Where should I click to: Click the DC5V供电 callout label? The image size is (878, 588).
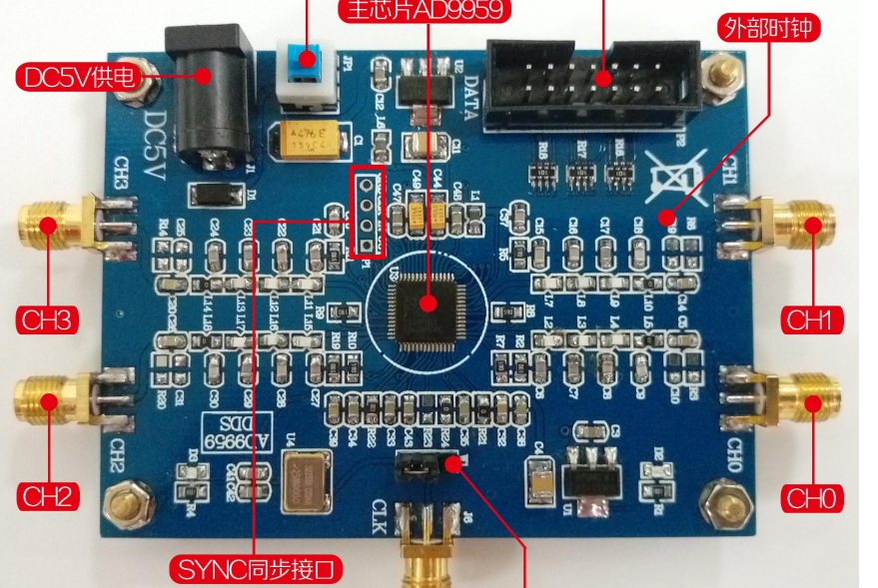click(x=77, y=77)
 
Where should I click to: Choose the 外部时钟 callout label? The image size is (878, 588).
click(x=768, y=27)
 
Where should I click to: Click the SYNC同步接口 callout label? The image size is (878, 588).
click(x=259, y=570)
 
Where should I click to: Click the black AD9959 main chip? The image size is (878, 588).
click(x=427, y=301)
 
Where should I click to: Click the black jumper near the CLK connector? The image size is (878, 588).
click(x=429, y=463)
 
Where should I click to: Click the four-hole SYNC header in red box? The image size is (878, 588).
click(x=367, y=213)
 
